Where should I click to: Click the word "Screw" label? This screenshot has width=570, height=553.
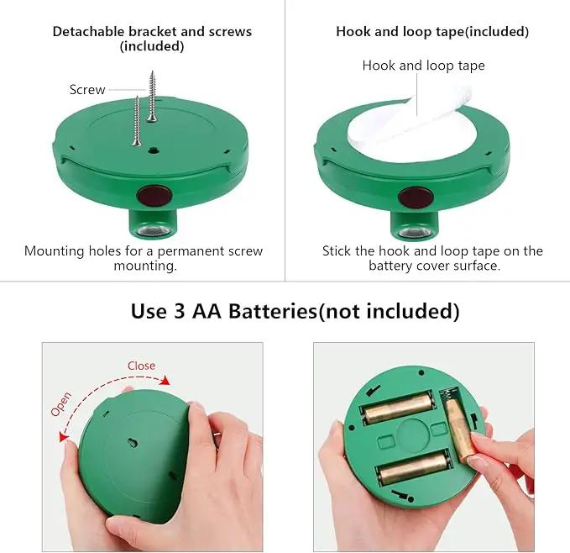(x=87, y=89)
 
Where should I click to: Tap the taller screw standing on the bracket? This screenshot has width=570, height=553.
(x=152, y=97)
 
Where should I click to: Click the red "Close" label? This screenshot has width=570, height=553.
(x=141, y=366)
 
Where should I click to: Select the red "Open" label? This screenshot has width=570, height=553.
(x=60, y=404)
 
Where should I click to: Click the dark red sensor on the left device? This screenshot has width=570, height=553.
(x=154, y=195)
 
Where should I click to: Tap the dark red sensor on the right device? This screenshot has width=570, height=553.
(x=416, y=197)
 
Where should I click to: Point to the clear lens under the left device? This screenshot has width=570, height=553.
(x=153, y=230)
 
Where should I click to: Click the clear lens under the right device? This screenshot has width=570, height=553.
(x=414, y=233)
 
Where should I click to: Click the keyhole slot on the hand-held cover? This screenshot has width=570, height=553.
(x=133, y=443)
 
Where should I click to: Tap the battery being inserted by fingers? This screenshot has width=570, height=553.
(x=459, y=429)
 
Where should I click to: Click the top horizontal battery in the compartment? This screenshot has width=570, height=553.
(x=399, y=408)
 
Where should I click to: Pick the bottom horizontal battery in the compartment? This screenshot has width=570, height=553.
(x=415, y=467)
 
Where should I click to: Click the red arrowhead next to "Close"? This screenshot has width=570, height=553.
(x=165, y=380)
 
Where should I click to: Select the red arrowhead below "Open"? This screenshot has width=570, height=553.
(x=64, y=435)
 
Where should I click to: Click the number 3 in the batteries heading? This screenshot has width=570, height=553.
(x=179, y=312)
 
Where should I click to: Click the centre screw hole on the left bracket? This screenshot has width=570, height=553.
(x=153, y=150)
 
